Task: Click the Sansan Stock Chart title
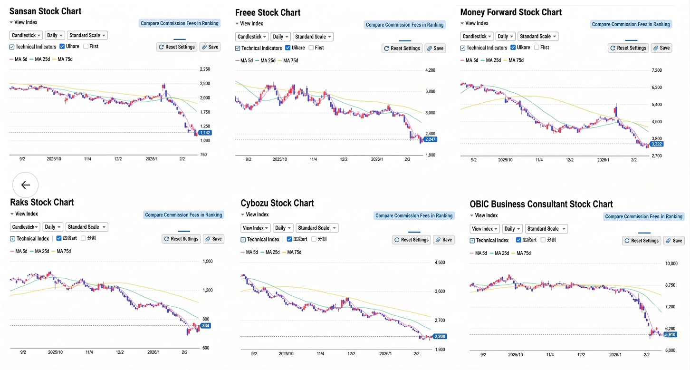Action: click(x=45, y=11)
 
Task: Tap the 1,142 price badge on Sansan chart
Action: click(x=205, y=133)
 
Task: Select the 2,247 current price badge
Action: click(x=431, y=139)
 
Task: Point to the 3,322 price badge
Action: click(x=657, y=144)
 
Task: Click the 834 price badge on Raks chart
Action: click(x=205, y=326)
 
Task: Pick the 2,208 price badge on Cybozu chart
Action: click(x=440, y=336)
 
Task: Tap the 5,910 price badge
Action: click(x=670, y=335)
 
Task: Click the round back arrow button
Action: click(x=26, y=185)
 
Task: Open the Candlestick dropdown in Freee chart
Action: click(x=251, y=37)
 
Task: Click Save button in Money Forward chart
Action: click(x=661, y=48)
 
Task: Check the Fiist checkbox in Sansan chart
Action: click(x=86, y=47)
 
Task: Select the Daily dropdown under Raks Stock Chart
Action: click(x=52, y=227)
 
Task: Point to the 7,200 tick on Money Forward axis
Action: click(x=657, y=70)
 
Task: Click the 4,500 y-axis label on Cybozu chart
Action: click(x=440, y=263)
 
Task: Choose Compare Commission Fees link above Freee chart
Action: click(x=404, y=25)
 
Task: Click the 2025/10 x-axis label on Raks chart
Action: click(x=56, y=352)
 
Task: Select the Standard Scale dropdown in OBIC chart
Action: click(x=546, y=229)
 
